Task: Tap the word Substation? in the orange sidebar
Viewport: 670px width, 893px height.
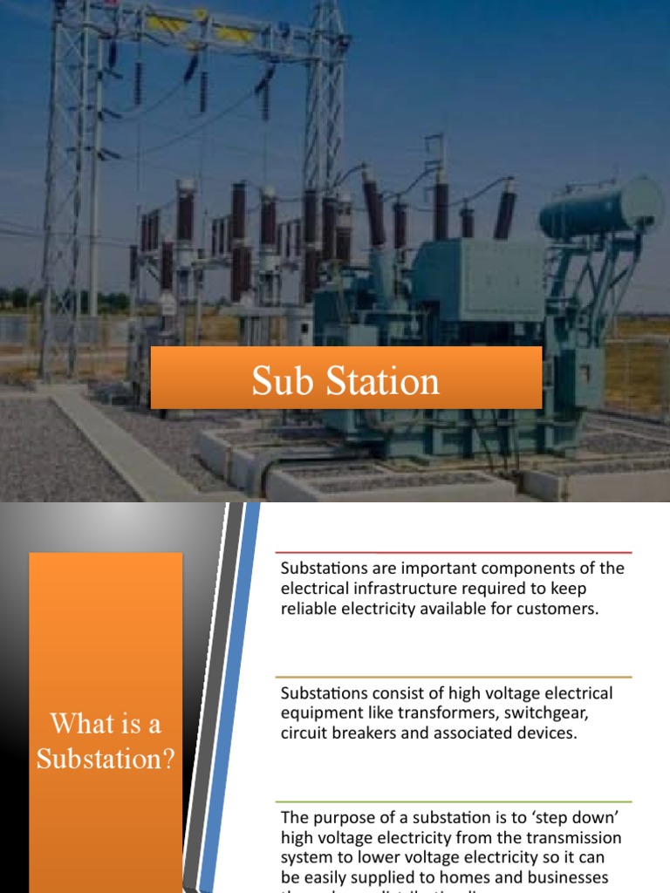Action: tap(106, 760)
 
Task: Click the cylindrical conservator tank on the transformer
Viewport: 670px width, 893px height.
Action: tap(600, 207)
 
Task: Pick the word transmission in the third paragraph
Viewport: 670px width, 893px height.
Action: tap(577, 838)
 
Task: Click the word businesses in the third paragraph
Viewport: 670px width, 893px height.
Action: tap(567, 877)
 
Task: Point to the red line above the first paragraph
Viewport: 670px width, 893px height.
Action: tap(453, 553)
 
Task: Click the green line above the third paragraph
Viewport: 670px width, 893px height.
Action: tap(453, 802)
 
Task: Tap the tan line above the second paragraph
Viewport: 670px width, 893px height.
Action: tap(453, 678)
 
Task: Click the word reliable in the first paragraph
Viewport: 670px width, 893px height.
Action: tap(305, 609)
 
